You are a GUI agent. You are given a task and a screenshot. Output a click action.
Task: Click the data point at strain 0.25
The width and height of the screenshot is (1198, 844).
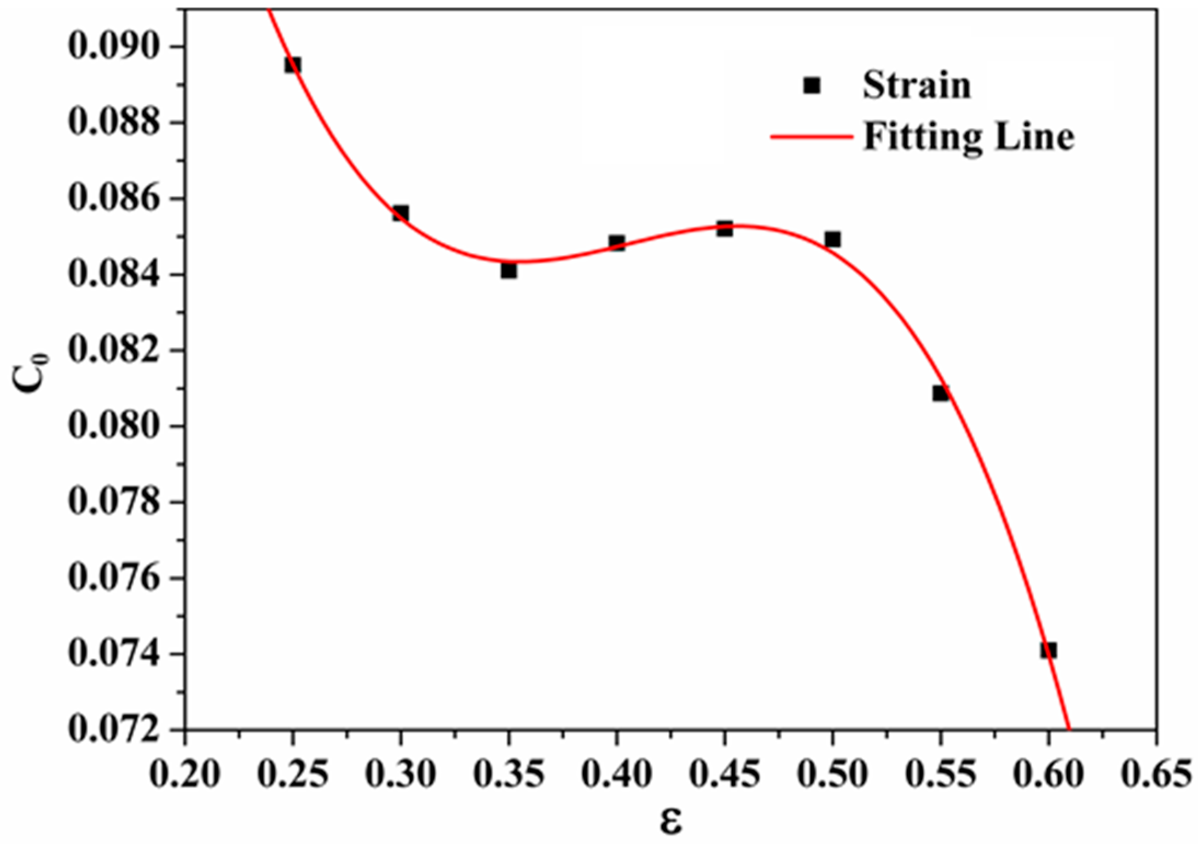click(x=292, y=65)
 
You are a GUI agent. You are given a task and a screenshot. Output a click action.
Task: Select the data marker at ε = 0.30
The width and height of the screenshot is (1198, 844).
click(x=400, y=213)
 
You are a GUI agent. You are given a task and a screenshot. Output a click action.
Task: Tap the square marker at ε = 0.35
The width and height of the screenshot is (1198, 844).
click(x=508, y=271)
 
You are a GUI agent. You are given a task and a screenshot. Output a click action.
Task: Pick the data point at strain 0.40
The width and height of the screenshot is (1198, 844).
click(x=616, y=243)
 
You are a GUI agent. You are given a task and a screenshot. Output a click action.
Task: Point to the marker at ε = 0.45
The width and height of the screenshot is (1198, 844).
click(x=725, y=229)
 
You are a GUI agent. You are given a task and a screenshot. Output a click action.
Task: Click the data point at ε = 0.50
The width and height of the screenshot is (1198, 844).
click(x=832, y=239)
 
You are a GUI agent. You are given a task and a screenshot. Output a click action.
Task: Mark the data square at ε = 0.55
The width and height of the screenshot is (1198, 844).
click(x=940, y=393)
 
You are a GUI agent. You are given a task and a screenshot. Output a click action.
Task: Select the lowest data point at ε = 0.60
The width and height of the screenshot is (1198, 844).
click(x=1048, y=650)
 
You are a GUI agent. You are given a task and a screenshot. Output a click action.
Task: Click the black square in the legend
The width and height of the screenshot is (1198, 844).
click(x=812, y=85)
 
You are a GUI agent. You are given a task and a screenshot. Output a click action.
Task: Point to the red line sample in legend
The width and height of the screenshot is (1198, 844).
click(x=812, y=136)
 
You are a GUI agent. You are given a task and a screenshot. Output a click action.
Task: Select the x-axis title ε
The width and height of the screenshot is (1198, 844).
click(x=670, y=822)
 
